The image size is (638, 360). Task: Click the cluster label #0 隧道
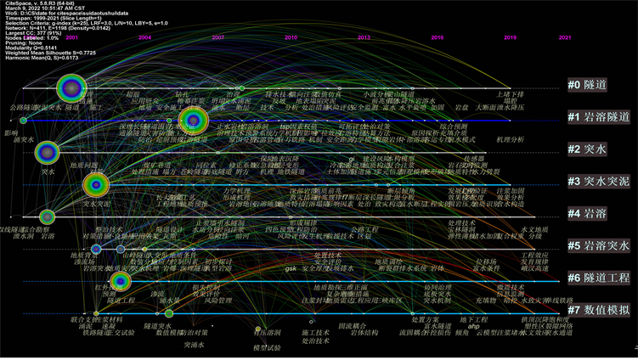pos(588,86)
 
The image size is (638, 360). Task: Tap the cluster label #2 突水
pos(588,149)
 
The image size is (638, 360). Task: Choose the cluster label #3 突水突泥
pos(597,182)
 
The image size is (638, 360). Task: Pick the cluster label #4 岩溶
pos(588,214)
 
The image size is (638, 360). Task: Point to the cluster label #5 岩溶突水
pos(597,246)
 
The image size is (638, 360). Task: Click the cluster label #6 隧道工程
pos(597,278)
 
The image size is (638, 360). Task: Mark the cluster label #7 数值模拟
pos(597,310)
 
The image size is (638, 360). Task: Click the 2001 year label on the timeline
pos(72,38)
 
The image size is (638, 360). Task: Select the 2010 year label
pos(291,38)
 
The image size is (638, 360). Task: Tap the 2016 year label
pos(438,38)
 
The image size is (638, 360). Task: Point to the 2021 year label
pos(565,38)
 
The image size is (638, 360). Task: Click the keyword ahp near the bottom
pos(475,327)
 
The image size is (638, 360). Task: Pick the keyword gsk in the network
pos(291,269)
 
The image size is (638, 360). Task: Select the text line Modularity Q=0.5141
pos(32,48)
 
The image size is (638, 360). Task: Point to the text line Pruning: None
pos(23,42)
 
